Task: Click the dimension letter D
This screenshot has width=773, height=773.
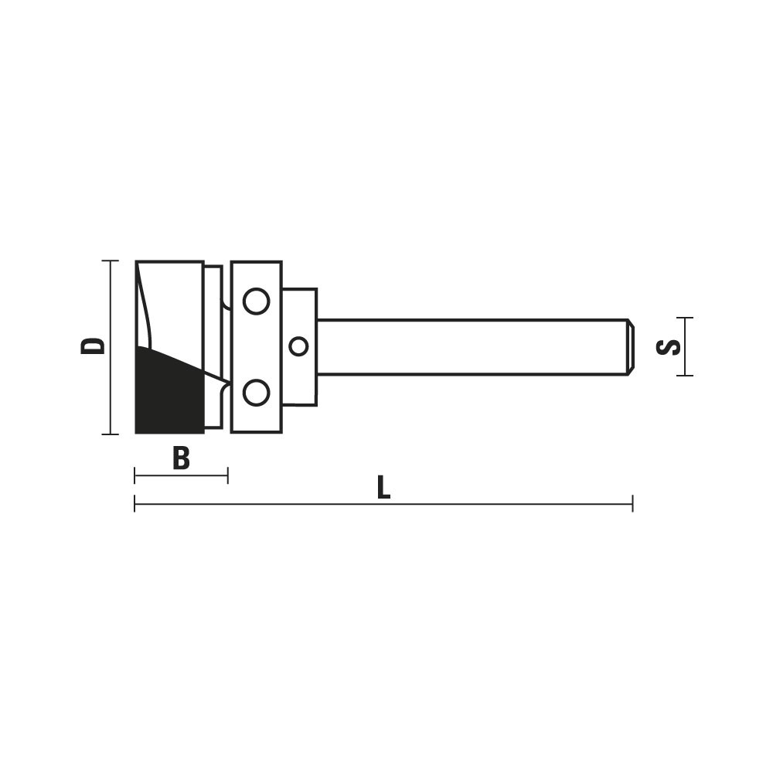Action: click(93, 346)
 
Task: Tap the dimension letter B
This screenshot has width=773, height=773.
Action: click(181, 458)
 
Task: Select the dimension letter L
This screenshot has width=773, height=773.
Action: click(383, 487)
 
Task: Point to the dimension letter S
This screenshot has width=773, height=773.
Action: click(668, 346)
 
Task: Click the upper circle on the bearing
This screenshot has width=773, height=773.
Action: click(257, 301)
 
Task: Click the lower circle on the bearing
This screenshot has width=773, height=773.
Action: click(257, 393)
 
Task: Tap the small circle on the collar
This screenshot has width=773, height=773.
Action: click(298, 346)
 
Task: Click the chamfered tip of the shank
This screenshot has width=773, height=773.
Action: click(630, 346)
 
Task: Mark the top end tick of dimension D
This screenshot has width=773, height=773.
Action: click(110, 261)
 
